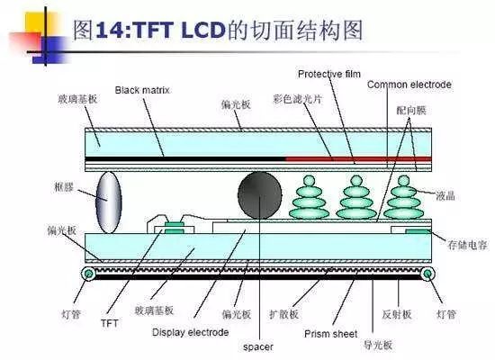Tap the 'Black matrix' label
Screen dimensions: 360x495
point(143,90)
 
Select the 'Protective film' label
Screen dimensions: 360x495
point(328,73)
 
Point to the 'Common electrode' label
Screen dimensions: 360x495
point(409,85)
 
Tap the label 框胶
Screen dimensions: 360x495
point(65,188)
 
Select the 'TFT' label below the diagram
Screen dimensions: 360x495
point(110,321)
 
